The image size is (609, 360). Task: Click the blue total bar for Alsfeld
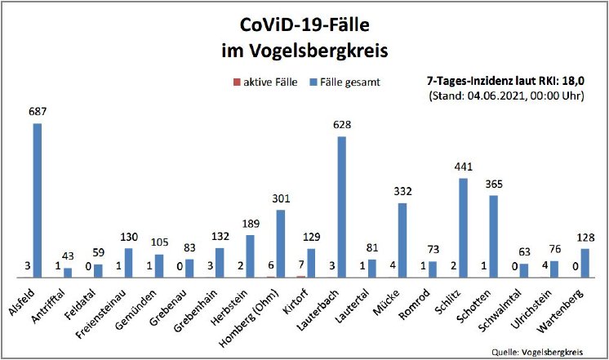38,200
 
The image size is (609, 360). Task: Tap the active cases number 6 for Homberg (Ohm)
270,265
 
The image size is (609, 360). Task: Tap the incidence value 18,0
584,82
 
